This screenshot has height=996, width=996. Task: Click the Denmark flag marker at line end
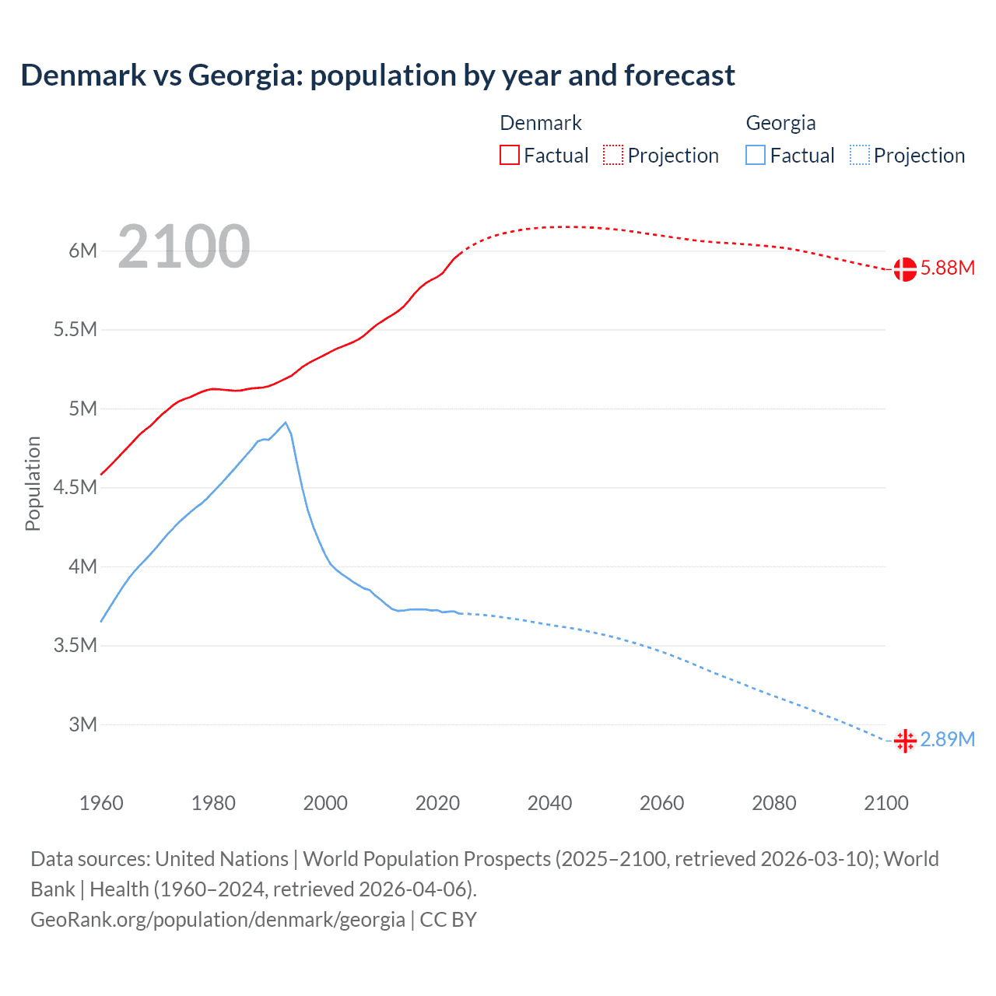(x=904, y=269)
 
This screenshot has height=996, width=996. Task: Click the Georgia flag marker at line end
(x=904, y=741)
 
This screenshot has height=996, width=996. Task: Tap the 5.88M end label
(x=947, y=268)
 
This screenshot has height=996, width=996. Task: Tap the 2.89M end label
(x=947, y=739)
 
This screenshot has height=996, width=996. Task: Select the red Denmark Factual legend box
(x=509, y=155)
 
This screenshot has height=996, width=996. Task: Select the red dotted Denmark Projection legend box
(x=613, y=155)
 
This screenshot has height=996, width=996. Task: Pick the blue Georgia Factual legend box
(x=755, y=155)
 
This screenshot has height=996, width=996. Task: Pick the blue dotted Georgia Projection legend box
(x=859, y=155)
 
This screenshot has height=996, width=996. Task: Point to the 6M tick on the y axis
(x=82, y=251)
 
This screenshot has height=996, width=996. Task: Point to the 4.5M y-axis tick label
(x=75, y=488)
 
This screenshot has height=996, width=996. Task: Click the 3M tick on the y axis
(x=82, y=724)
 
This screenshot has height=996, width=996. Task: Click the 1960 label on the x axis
(x=101, y=803)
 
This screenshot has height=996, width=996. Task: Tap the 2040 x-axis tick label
(x=549, y=803)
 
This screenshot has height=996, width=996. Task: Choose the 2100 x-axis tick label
(x=886, y=803)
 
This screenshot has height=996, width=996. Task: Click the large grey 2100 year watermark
(x=184, y=247)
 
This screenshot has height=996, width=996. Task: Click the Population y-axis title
(x=33, y=483)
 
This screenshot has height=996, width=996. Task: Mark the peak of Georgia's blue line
(x=286, y=423)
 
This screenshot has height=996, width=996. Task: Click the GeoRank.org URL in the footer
(x=217, y=919)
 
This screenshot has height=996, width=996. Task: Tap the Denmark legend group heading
(x=540, y=123)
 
